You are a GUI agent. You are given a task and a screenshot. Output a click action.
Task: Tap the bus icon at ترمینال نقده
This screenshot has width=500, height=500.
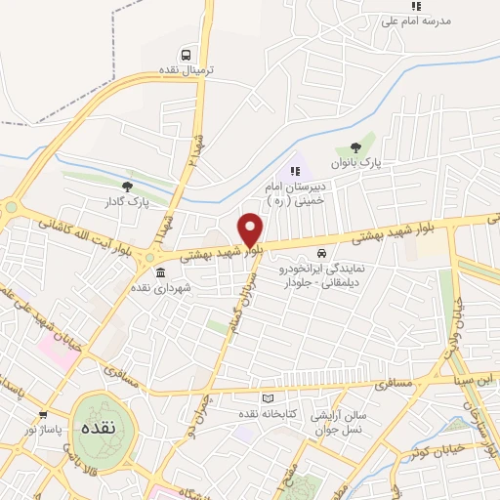pyautogui.click(x=185, y=55)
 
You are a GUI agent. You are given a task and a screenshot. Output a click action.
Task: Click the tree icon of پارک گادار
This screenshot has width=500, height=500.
pyautogui.click(x=126, y=186)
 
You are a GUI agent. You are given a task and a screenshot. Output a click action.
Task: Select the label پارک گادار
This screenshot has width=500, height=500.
pyautogui.click(x=126, y=202)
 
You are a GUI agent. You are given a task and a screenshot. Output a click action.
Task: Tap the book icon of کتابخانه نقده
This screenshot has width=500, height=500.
pyautogui.click(x=268, y=398)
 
